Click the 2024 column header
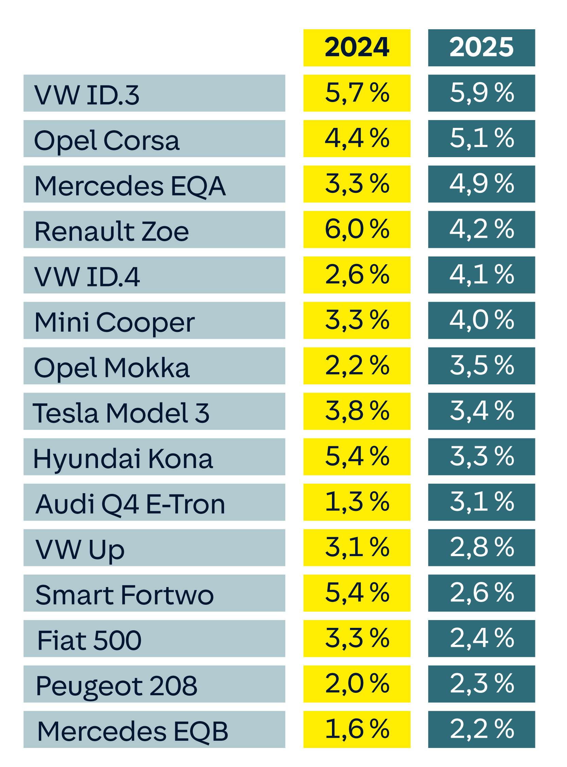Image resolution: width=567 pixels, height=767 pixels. pyautogui.click(x=356, y=48)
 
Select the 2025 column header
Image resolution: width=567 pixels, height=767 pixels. pyautogui.click(x=482, y=48)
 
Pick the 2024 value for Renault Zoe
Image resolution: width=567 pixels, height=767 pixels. pyautogui.click(x=356, y=230)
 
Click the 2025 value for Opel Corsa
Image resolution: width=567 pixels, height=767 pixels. pyautogui.click(x=482, y=139)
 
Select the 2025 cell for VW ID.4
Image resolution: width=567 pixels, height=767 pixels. pyautogui.click(x=482, y=275)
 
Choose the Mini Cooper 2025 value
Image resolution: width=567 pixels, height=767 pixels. pyautogui.click(x=482, y=320)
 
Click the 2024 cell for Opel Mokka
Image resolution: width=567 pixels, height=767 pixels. pyautogui.click(x=356, y=366)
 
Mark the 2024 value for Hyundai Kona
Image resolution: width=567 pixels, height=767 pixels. pyautogui.click(x=356, y=457)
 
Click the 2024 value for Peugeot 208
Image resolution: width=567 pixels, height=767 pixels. pyautogui.click(x=356, y=684)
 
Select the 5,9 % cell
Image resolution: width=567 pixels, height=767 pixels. pyautogui.click(x=482, y=93)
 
